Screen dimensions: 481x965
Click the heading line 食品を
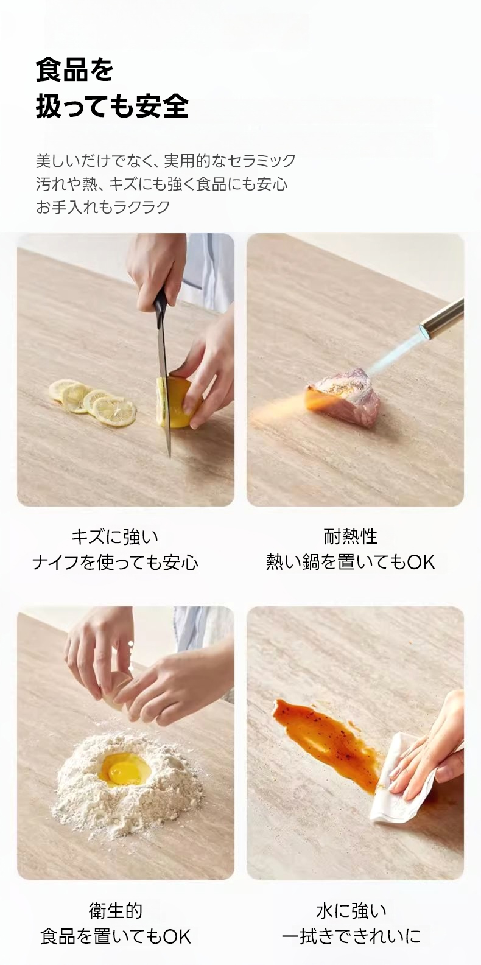pyautogui.click(x=74, y=70)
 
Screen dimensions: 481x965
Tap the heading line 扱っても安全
pyautogui.click(x=112, y=106)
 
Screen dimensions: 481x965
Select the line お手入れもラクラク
pyautogui.click(x=103, y=207)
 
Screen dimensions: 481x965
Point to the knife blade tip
pyautogui.click(x=170, y=456)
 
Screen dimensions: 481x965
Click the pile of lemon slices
pyautogui.click(x=92, y=402)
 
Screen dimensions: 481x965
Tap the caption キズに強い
pyautogui.click(x=115, y=537)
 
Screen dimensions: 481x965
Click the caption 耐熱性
pyautogui.click(x=351, y=537)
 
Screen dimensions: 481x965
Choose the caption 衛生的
pyautogui.click(x=116, y=910)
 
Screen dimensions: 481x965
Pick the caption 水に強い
pyautogui.click(x=351, y=910)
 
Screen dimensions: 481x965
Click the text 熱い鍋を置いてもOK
pyautogui.click(x=351, y=562)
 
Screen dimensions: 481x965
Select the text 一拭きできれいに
pyautogui.click(x=351, y=936)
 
